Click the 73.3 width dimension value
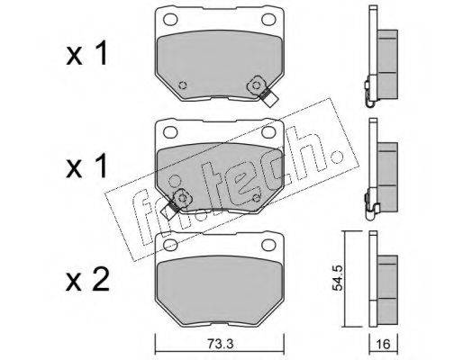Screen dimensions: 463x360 (220, 344)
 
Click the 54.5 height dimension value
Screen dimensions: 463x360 (338, 277)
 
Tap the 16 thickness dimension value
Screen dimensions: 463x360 (383, 344)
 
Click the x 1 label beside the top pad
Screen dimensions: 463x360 (86, 54)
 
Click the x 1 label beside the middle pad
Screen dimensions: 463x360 (86, 166)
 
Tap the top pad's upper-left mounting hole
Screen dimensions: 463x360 (170, 20)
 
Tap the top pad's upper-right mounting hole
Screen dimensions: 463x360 (268, 20)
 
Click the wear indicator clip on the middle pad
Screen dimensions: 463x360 (176, 203)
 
